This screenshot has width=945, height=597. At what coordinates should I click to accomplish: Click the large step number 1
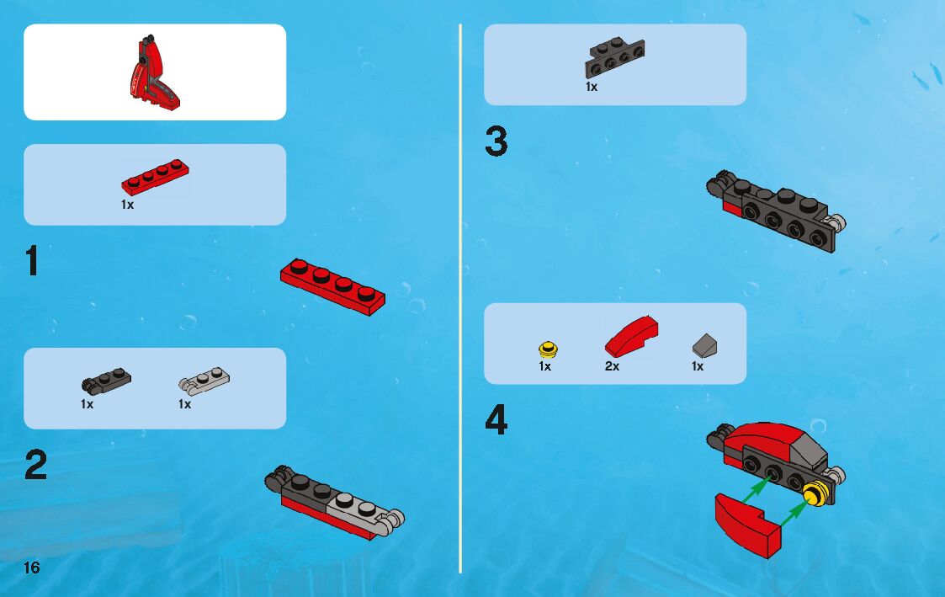[x=33, y=260]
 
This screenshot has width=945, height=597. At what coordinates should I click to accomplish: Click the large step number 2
[x=36, y=465]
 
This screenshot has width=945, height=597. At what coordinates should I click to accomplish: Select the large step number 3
[x=496, y=141]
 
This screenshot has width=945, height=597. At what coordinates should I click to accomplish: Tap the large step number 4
[x=496, y=419]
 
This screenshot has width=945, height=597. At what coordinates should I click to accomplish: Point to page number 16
[x=31, y=568]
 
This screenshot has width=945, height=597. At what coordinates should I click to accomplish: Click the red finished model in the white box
[x=154, y=73]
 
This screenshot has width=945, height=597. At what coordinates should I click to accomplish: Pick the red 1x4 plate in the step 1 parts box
[x=155, y=178]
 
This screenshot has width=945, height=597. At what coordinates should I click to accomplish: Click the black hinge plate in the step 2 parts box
[x=106, y=381]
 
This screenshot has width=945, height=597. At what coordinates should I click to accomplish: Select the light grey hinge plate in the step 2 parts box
[x=204, y=381]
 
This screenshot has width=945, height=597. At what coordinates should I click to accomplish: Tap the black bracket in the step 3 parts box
[x=614, y=58]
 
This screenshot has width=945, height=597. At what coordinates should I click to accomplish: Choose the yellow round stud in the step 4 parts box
[x=548, y=349]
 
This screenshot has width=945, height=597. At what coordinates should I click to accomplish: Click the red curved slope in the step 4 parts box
[x=632, y=337]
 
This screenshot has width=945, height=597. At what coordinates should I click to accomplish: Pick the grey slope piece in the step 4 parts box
[x=704, y=345]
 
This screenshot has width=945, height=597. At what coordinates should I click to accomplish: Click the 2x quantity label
[x=613, y=366]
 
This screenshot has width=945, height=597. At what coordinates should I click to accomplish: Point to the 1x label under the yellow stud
[x=544, y=366]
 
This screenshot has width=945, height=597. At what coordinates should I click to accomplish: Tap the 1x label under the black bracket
[x=592, y=87]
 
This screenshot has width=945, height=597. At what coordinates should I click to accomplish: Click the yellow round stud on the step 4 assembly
[x=815, y=494]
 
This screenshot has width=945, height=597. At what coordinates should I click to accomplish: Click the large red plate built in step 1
[x=332, y=286]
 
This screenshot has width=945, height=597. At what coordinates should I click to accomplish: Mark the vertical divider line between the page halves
[x=460, y=298]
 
